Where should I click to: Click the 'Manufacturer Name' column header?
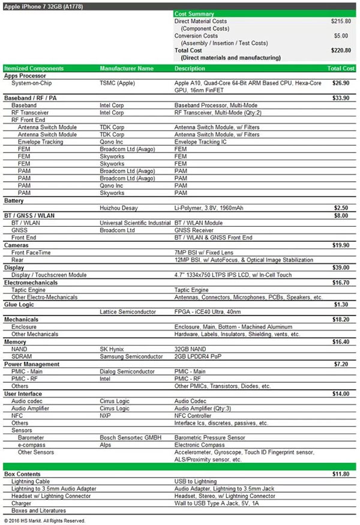click(x=127, y=68)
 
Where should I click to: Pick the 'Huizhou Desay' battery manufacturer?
click(x=118, y=208)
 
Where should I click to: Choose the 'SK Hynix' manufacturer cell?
click(x=113, y=348)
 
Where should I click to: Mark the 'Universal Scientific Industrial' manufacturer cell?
click(x=136, y=223)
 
